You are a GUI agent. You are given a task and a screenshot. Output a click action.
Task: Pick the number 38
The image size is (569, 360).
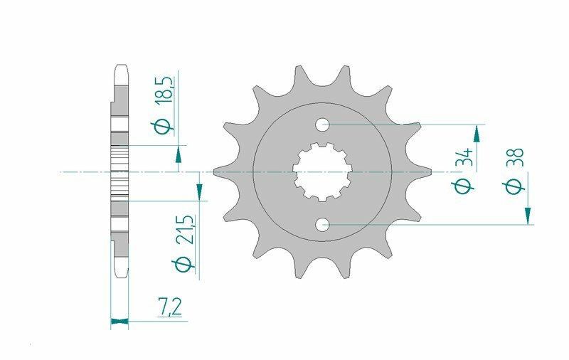pyautogui.click(x=516, y=157)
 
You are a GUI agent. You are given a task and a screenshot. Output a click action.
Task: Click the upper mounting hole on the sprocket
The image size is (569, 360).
pyautogui.click(x=323, y=125)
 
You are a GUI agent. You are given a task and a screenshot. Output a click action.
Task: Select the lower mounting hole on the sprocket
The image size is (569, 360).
pyautogui.click(x=323, y=226)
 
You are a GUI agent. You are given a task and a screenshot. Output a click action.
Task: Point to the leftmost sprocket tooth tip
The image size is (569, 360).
pyautogui.click(x=215, y=171)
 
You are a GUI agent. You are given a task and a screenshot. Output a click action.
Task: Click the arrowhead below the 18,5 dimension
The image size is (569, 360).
pyautogui.click(x=177, y=154)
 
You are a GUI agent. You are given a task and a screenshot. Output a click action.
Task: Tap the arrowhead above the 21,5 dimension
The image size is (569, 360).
pyautogui.click(x=200, y=191)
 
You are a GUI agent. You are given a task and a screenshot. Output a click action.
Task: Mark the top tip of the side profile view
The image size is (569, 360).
pyautogui.click(x=119, y=67)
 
